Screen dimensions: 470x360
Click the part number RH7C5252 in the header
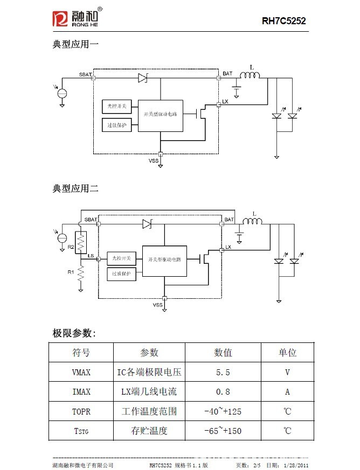[x=283, y=22]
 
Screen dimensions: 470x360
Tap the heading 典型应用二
[x=75, y=188]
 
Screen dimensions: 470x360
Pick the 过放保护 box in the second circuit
[x=121, y=273]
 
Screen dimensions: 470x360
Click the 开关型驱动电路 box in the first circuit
[x=160, y=115]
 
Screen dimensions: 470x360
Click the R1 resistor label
[x=71, y=272]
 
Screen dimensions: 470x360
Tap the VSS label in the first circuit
[x=154, y=160]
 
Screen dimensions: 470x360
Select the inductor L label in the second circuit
[x=254, y=213]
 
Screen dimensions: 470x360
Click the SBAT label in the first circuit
[x=85, y=74]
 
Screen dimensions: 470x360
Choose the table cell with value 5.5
[x=223, y=372]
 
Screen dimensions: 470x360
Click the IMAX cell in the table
[x=81, y=392]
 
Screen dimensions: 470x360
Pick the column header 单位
[x=287, y=353]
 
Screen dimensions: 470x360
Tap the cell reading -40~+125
[x=223, y=411]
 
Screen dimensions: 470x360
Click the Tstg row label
[x=81, y=431]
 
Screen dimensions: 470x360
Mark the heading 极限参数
[x=74, y=333]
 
